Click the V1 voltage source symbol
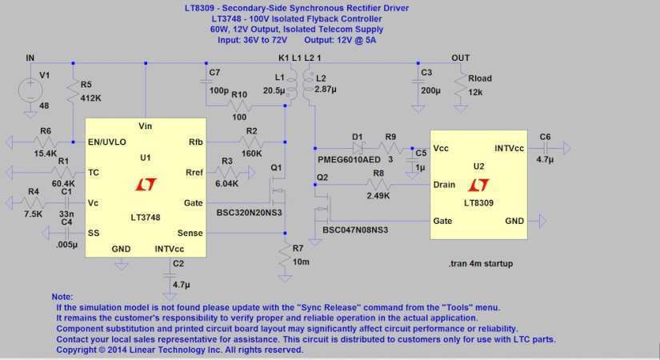point(33,87)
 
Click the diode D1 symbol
point(358,148)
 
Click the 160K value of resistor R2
point(251,154)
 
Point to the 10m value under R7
point(302,262)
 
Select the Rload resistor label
point(479,78)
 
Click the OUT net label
point(460,58)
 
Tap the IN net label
point(30,58)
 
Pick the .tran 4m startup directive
point(482,262)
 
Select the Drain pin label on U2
point(445,185)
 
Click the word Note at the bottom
point(62,296)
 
